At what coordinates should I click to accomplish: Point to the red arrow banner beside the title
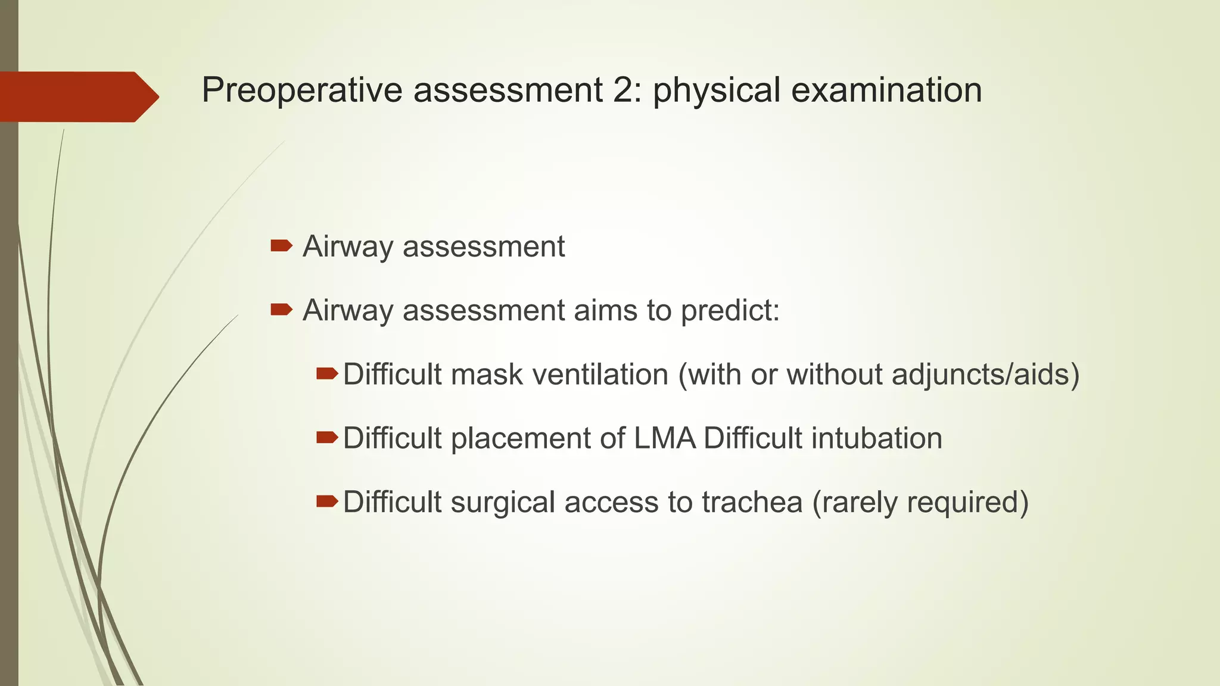[77, 96]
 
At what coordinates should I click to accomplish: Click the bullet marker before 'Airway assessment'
[281, 246]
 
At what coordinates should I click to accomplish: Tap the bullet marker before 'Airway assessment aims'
[281, 309]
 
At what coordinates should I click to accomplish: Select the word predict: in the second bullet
[730, 310]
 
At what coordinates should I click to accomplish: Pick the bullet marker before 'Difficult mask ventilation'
[326, 374]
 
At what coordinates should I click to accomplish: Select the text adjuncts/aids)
[985, 375]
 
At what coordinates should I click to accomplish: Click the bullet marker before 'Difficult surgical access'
[326, 501]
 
